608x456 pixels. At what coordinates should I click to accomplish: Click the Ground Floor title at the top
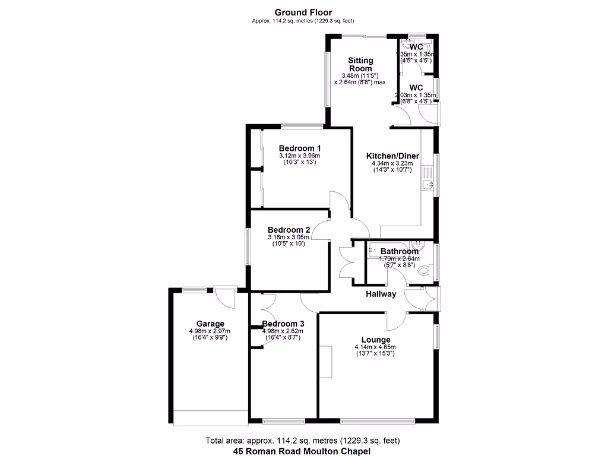click(x=303, y=12)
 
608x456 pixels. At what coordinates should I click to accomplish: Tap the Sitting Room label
click(x=360, y=64)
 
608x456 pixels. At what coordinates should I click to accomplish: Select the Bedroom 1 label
click(x=300, y=148)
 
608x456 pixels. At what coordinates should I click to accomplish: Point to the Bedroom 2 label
click(x=289, y=230)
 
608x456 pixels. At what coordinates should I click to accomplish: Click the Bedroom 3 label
click(x=283, y=324)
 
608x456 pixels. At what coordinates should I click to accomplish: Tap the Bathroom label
click(x=400, y=251)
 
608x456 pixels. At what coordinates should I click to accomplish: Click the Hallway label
click(x=381, y=294)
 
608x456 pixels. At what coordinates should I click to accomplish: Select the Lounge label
click(x=376, y=340)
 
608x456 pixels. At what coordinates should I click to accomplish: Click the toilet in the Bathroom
click(x=425, y=271)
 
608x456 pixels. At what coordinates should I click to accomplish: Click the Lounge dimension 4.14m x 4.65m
click(x=375, y=347)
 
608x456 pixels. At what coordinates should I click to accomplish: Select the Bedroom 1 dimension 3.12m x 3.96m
click(x=300, y=156)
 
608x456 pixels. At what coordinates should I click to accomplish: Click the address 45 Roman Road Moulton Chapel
click(x=303, y=451)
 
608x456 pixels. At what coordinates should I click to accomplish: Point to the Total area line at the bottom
click(x=303, y=441)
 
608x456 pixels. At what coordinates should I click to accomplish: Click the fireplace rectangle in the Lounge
click(x=325, y=361)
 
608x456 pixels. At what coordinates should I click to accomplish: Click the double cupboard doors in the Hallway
click(x=347, y=261)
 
